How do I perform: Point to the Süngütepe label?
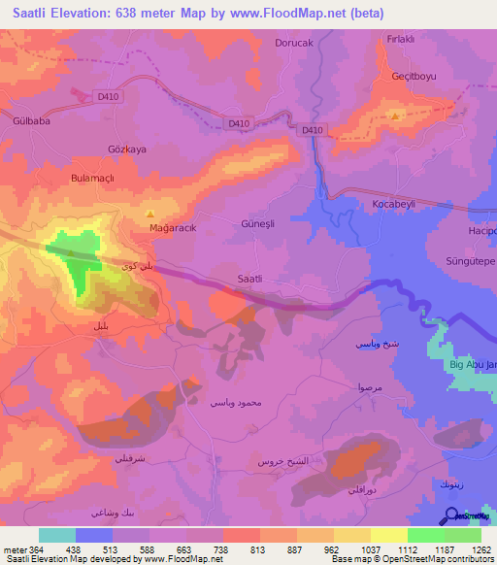tap(469, 262)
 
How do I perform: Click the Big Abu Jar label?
tap(472, 364)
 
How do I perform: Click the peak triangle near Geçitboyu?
tap(394, 116)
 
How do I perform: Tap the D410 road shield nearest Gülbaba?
tap(107, 95)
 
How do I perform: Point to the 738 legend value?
tap(222, 550)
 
